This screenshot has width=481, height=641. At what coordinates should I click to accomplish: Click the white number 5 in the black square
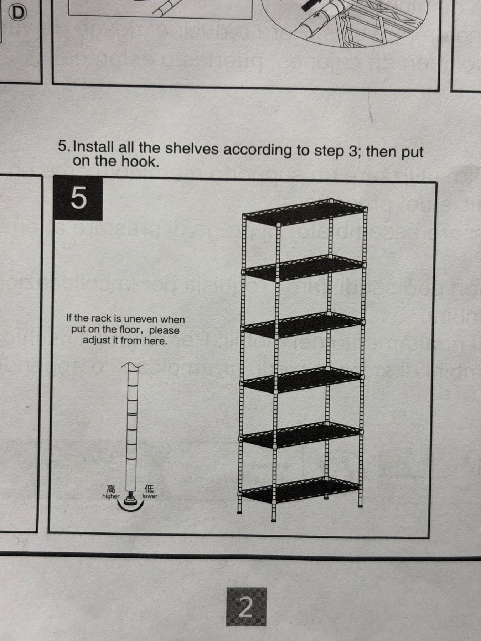pos(79,198)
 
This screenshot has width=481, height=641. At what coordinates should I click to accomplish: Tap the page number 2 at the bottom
pos(245,607)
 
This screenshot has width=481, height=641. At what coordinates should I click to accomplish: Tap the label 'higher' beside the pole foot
pos(111,496)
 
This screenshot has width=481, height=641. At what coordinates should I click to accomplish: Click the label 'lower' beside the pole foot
pos(150,496)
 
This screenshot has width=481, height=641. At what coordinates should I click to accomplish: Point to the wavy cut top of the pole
pos(132,365)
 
